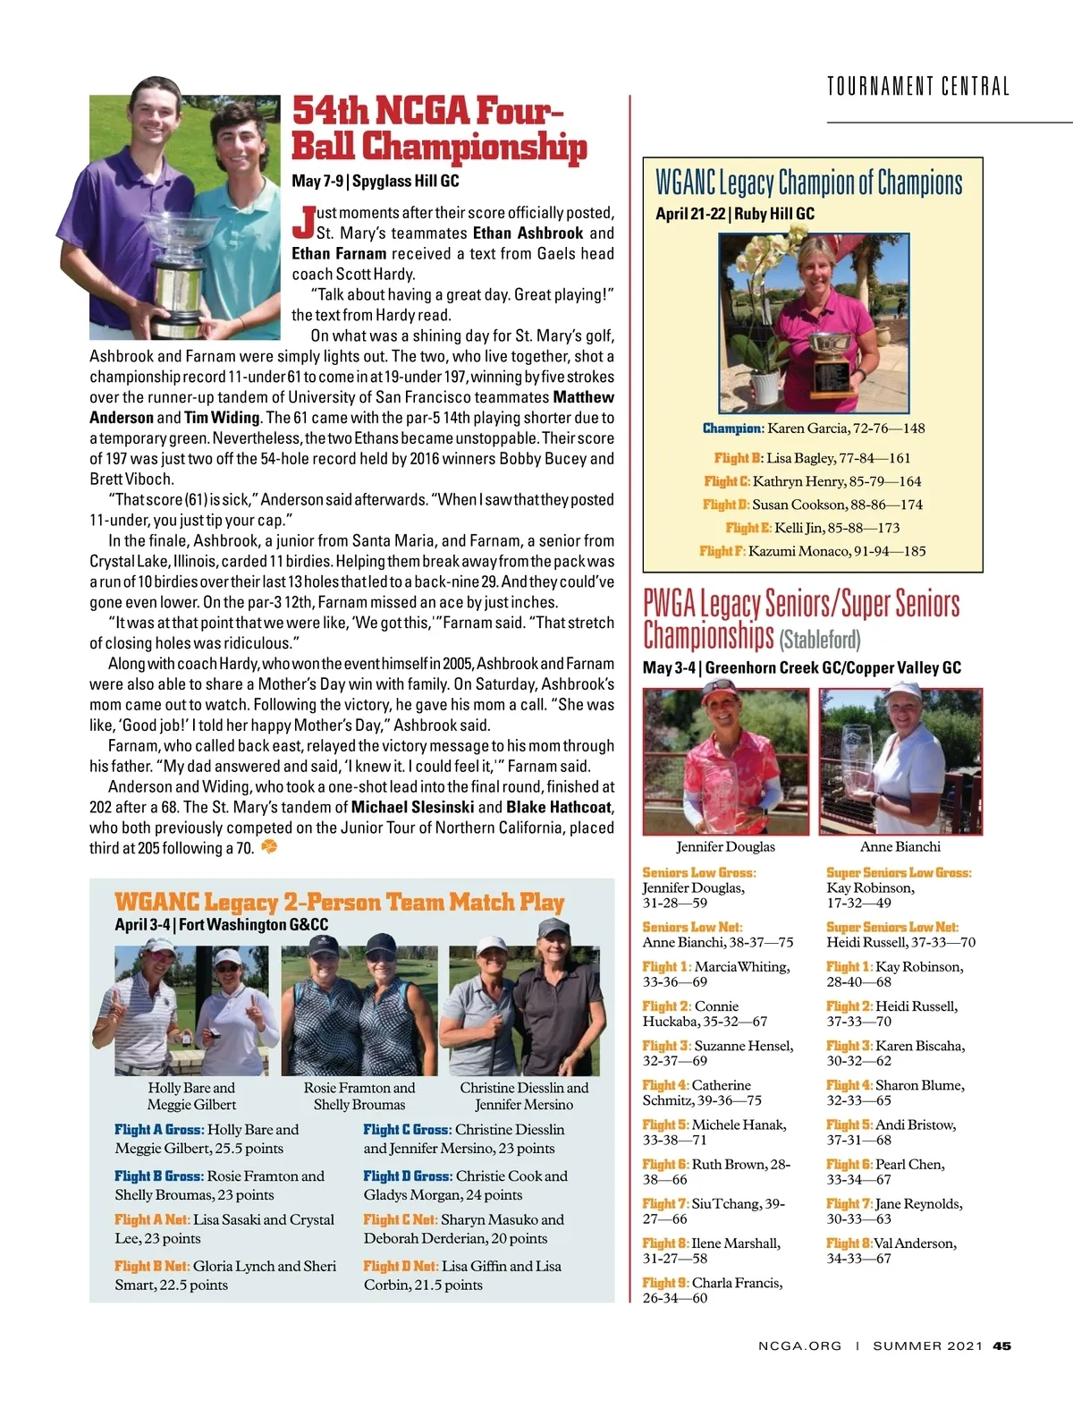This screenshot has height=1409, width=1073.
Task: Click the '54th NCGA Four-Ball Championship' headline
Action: click(439, 129)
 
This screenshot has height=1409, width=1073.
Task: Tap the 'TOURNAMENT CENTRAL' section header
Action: click(917, 87)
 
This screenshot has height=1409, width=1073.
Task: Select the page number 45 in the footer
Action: click(1002, 1345)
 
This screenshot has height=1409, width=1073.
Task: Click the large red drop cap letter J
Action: click(304, 223)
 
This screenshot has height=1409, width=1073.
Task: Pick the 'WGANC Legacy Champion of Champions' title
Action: click(809, 182)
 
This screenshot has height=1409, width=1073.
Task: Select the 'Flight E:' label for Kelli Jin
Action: click(748, 528)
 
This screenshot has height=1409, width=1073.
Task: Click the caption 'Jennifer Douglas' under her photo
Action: click(725, 846)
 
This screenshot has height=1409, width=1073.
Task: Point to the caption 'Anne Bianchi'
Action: click(900, 846)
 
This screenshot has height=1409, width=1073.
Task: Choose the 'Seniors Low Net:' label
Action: click(692, 927)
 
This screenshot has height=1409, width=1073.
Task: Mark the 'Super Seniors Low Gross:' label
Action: click(899, 872)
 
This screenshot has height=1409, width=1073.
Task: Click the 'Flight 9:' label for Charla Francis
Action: click(665, 1283)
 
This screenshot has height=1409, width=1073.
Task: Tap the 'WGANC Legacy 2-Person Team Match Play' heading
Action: click(340, 902)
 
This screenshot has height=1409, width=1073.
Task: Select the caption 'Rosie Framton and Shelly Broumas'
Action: click(359, 1096)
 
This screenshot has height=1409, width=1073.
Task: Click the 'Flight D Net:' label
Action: click(401, 1266)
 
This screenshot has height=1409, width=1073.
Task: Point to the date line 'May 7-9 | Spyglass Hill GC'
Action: click(376, 181)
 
